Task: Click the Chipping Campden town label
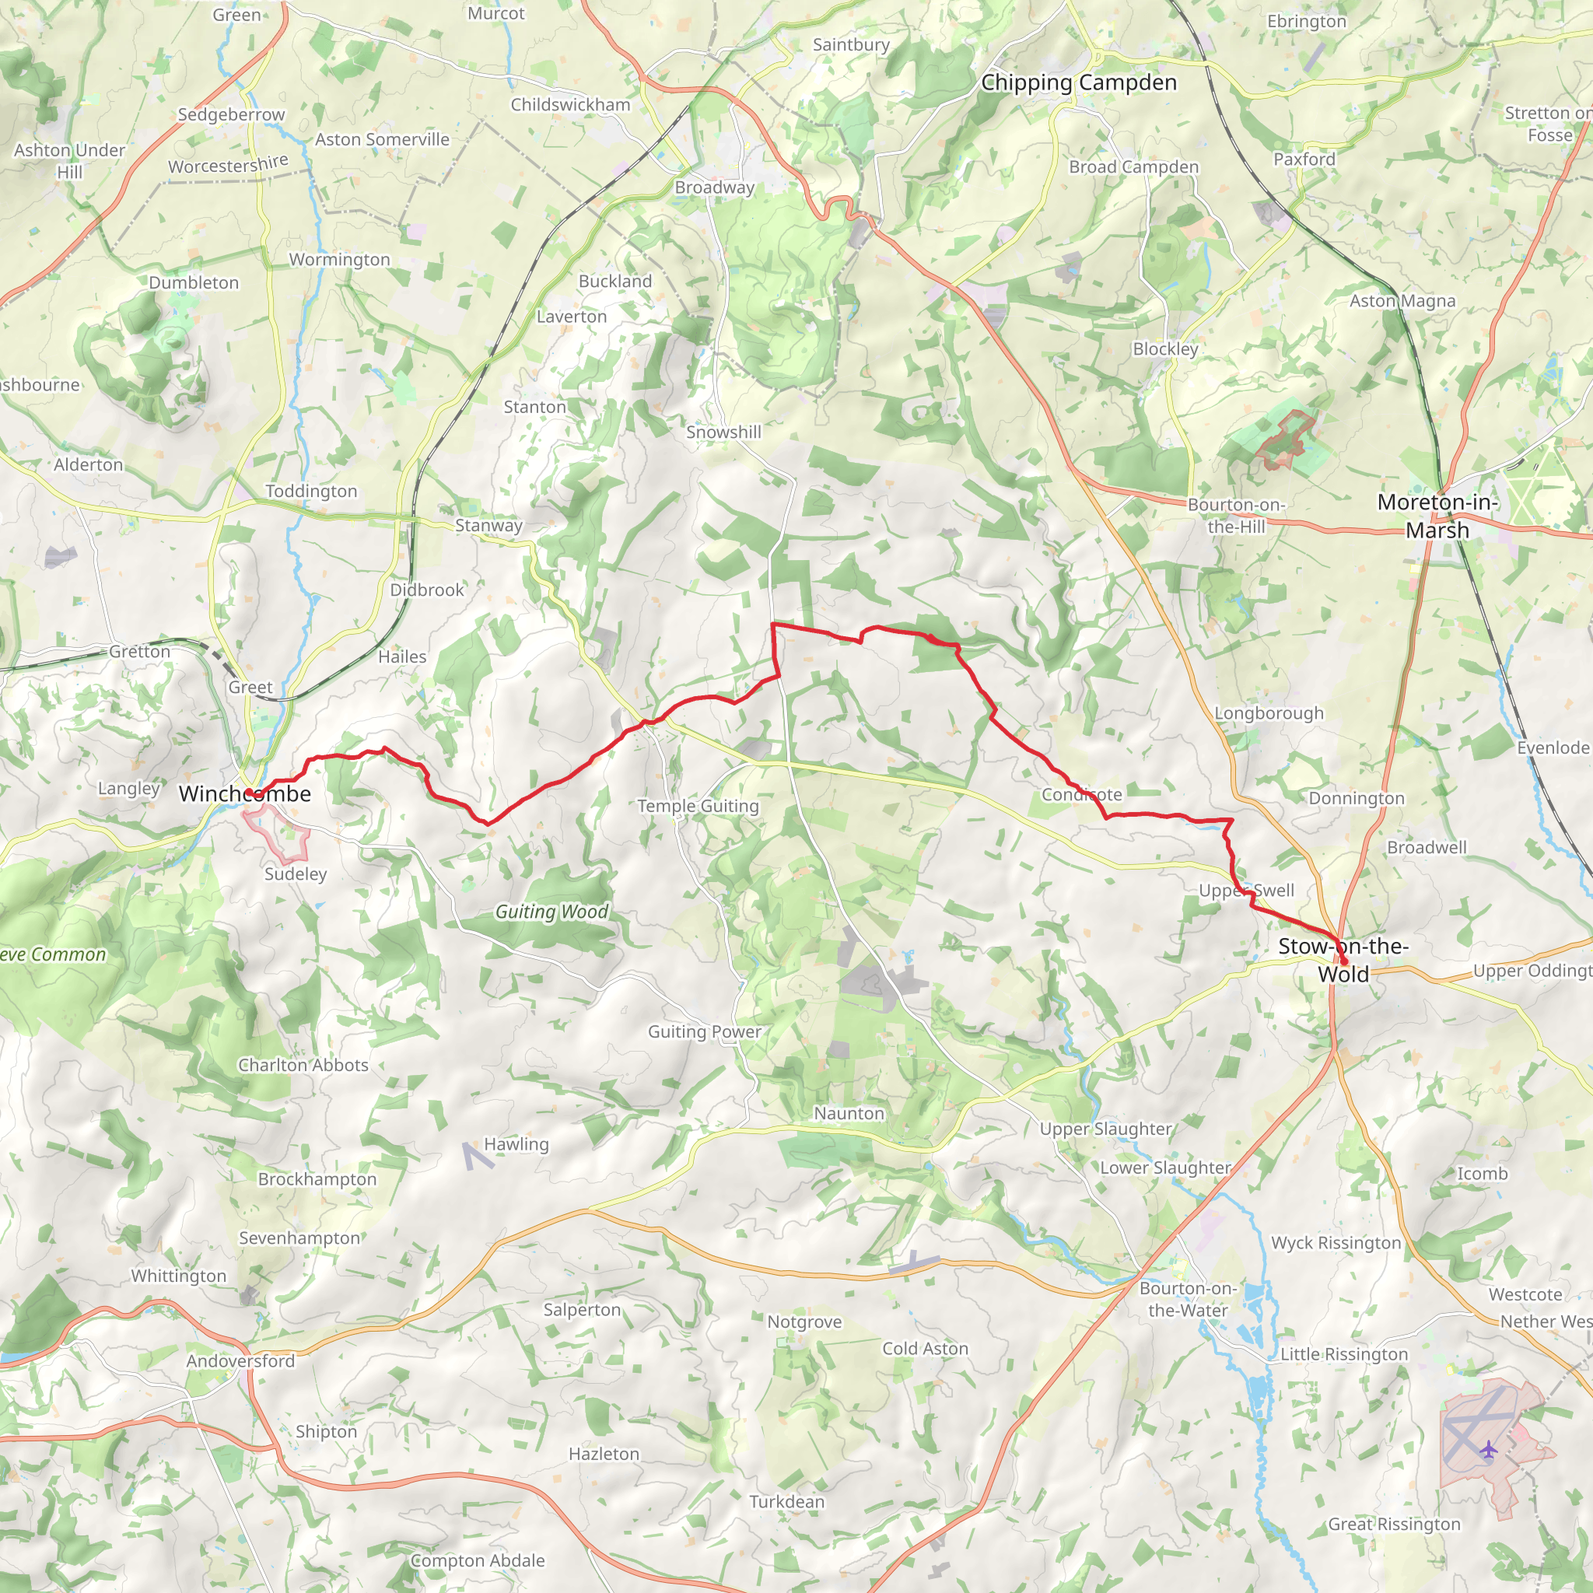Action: pos(1079,82)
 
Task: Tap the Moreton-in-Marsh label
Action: pos(1437,516)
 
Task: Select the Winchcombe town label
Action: pos(245,794)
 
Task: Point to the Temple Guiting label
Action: pos(698,806)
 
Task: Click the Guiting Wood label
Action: pos(551,911)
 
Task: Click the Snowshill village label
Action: pos(723,432)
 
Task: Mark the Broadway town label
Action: pos(714,187)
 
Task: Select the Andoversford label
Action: pos(240,1360)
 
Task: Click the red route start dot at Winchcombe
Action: pos(248,793)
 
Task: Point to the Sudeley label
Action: pos(295,874)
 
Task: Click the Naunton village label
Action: pos(849,1113)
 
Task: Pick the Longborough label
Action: pos(1268,713)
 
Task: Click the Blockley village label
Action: pos(1165,348)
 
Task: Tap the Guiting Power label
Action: pos(704,1031)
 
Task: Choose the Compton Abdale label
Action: pos(478,1560)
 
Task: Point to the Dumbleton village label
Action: pos(194,283)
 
